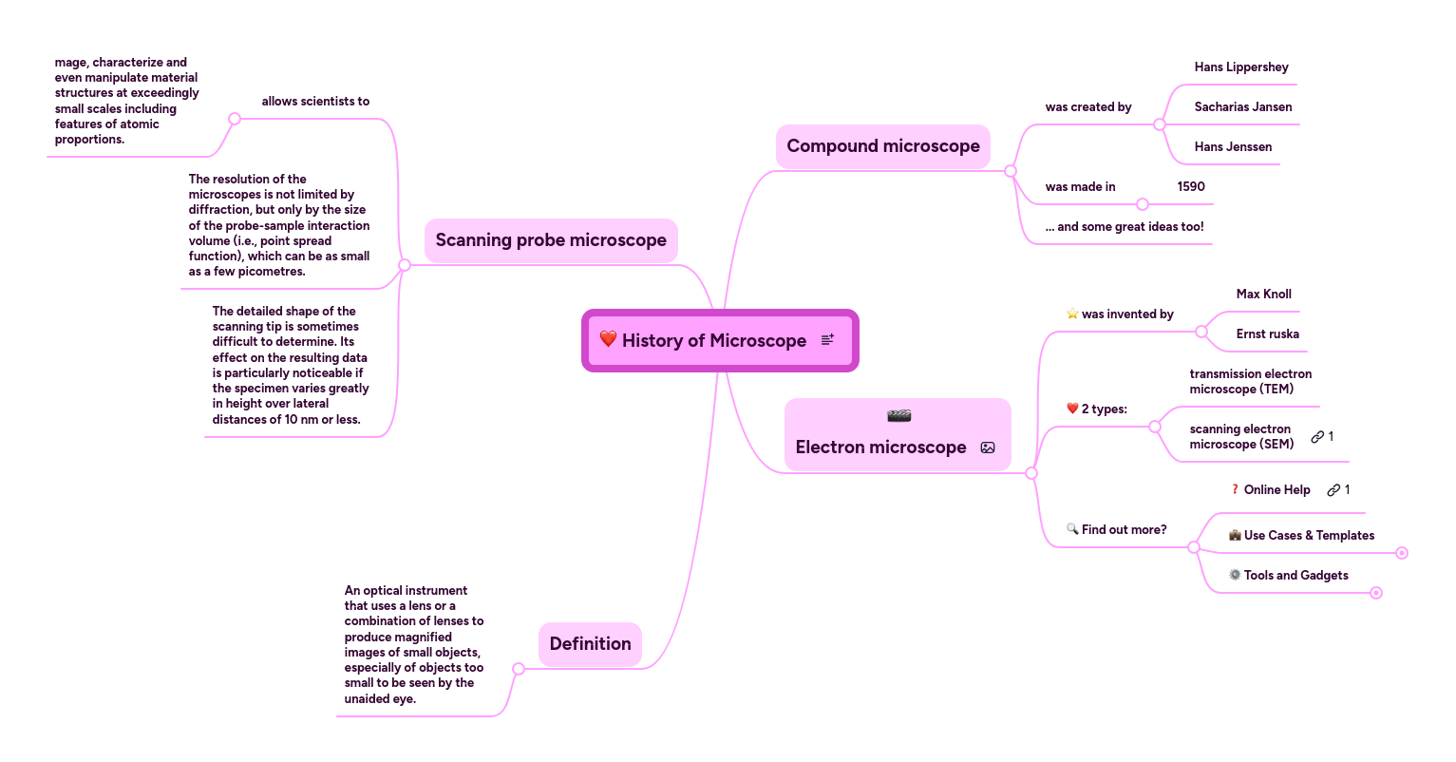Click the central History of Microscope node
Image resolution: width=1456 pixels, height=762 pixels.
point(713,340)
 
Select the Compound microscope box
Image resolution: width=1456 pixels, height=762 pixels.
point(883,146)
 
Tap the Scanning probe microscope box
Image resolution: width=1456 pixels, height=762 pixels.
point(551,240)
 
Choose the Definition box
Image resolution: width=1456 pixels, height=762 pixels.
point(590,644)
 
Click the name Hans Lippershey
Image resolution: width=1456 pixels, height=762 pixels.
point(1241,67)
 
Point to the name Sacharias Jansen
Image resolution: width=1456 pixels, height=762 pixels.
point(1243,107)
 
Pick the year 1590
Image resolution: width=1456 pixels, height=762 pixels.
point(1191,187)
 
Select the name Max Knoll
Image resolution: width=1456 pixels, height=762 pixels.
point(1264,295)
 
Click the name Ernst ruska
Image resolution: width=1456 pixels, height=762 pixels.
point(1268,334)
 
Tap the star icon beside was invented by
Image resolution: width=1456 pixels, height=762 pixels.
point(1072,314)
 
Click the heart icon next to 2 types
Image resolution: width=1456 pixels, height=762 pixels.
point(1072,409)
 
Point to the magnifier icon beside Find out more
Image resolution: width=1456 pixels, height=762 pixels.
point(1072,529)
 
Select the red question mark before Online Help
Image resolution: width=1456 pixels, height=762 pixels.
point(1235,490)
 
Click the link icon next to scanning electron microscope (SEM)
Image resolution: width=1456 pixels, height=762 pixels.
point(1317,437)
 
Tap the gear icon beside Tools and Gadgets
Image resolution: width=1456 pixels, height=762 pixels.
point(1235,575)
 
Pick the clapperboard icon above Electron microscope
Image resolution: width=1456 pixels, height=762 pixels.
point(898,416)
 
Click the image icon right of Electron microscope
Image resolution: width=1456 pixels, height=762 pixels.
point(988,448)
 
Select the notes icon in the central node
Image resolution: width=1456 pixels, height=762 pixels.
point(827,339)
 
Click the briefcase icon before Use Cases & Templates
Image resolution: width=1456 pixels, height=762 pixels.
point(1235,536)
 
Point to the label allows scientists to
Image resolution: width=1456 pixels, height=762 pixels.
point(315,102)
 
